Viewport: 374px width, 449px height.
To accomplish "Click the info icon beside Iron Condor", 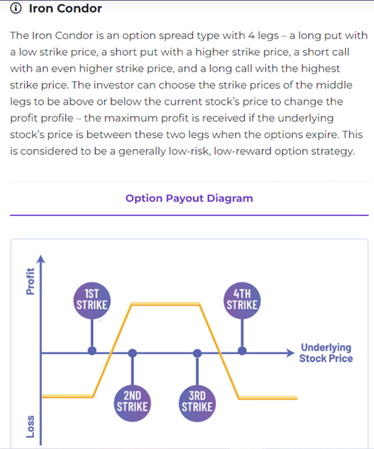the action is point(15,8).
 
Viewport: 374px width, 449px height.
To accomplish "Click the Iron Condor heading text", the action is point(66,8).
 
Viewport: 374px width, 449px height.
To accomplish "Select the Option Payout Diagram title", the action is point(189,198).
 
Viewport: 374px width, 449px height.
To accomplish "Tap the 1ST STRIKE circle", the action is point(92,301).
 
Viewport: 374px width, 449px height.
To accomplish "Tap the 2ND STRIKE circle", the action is point(132,403).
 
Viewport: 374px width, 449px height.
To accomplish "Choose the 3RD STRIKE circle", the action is point(197,403).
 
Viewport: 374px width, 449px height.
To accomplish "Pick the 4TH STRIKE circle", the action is point(242,301).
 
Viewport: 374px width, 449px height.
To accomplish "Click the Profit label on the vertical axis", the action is point(30,281).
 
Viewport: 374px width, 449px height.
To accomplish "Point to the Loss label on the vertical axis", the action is point(30,427).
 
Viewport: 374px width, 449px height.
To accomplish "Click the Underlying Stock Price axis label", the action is point(326,352).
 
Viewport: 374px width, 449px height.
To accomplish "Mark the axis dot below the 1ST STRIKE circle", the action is point(92,351).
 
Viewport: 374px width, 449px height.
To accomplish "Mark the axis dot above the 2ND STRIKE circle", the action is point(132,353).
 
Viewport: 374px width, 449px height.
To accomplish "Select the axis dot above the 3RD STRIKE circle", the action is point(197,353).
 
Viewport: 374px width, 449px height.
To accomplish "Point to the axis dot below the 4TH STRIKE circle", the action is point(242,351).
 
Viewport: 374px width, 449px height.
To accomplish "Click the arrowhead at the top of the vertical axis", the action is point(41,259).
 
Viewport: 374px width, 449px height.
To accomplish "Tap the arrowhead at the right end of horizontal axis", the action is point(291,353).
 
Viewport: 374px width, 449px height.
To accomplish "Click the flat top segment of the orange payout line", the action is point(165,304).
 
